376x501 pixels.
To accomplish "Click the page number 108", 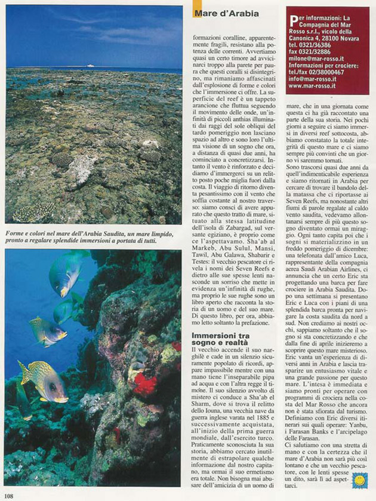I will coord(9,495).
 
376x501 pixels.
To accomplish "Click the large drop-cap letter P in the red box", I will coord(290,11).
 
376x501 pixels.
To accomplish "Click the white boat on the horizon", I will coord(90,66).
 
